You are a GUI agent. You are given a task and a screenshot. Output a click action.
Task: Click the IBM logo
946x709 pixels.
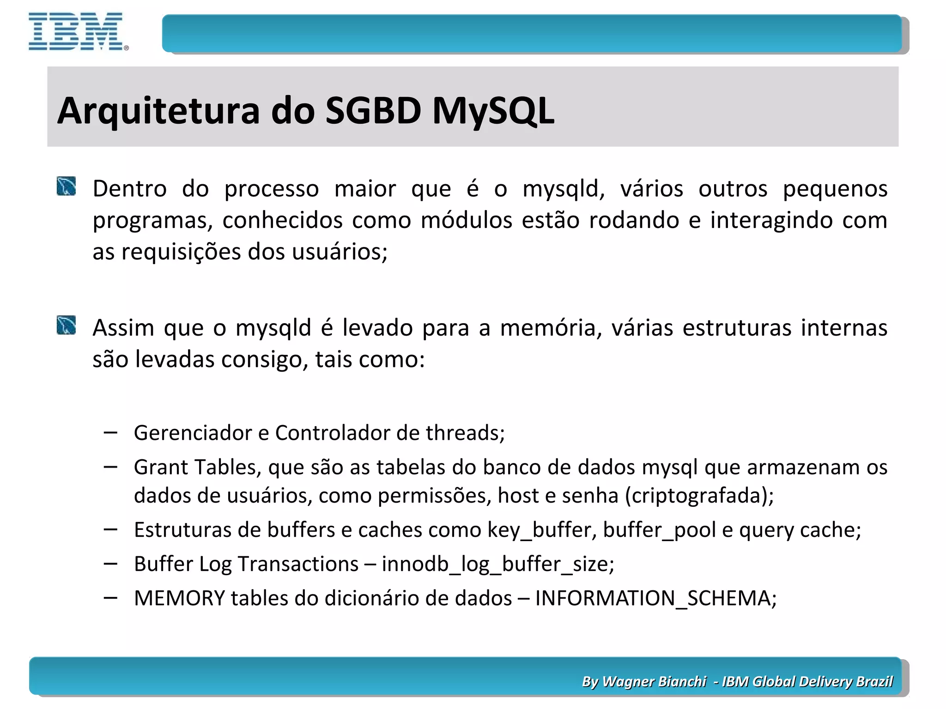tap(78, 31)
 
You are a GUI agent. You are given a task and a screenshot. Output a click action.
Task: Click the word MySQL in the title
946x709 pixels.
tap(493, 111)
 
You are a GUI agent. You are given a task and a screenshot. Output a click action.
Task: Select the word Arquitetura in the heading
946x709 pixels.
tap(158, 111)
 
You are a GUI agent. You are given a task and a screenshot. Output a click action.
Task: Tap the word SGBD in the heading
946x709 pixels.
tap(373, 111)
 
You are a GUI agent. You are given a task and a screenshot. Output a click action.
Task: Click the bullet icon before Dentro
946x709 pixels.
tap(67, 186)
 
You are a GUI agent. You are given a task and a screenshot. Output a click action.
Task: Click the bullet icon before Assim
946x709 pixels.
tap(67, 325)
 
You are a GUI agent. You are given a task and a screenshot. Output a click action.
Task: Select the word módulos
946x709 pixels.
tap(466, 221)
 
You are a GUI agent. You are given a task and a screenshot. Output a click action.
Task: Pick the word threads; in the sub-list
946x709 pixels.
tap(465, 433)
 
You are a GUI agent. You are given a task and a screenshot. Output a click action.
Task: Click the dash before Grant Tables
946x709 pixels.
tap(110, 467)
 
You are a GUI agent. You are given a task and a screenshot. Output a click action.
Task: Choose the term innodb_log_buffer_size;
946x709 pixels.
tap(498, 564)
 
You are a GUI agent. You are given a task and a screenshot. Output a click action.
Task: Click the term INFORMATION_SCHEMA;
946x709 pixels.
tap(656, 598)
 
